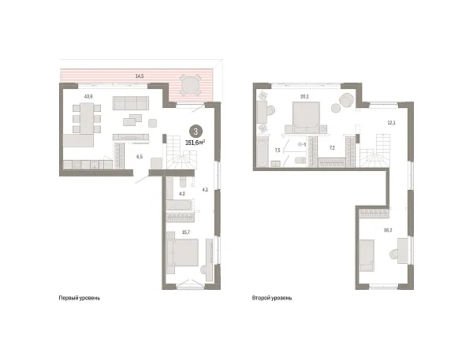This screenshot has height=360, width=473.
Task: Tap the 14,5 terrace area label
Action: (x=140, y=76)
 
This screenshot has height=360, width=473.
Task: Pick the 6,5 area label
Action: (x=140, y=158)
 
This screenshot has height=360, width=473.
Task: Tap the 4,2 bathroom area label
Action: (x=181, y=193)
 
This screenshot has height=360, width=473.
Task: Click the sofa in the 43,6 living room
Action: (x=129, y=102)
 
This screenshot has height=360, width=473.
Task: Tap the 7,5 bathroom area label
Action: (x=277, y=150)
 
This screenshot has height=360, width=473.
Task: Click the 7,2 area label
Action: (x=332, y=147)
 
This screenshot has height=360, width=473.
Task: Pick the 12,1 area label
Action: (x=391, y=122)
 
